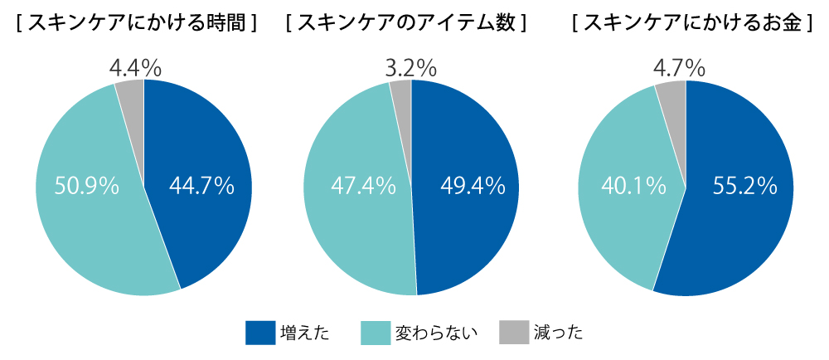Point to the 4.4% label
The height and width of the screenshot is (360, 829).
(135, 68)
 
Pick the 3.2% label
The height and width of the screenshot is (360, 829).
(411, 68)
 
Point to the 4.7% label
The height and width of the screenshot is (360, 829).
(679, 68)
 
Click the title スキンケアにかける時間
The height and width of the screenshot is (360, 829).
(137, 23)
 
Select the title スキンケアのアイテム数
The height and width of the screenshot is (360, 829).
(405, 23)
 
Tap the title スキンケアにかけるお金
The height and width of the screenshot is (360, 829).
(692, 23)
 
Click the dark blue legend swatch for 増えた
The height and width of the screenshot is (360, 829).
(260, 333)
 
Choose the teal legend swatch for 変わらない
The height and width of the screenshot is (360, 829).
(376, 333)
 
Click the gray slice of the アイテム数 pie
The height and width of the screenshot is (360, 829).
(402, 95)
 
